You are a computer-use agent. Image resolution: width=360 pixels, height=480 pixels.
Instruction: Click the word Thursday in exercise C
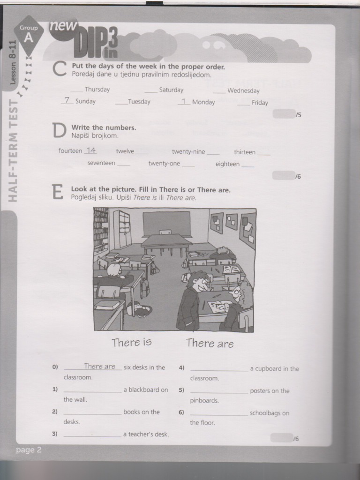pos(97,90)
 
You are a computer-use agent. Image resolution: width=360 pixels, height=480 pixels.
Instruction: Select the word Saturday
pos(171,90)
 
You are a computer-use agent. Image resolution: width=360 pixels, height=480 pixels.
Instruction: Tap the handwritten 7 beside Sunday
pos(67,100)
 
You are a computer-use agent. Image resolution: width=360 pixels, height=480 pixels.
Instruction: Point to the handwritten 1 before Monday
pos(184,101)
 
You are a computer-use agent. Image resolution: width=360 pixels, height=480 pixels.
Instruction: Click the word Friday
pos(260,103)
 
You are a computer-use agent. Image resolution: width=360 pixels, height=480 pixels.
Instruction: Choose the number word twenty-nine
pos(188,152)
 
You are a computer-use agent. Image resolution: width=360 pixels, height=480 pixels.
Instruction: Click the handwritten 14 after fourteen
pos(91,150)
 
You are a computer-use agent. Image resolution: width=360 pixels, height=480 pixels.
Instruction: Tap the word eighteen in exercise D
pos(227,164)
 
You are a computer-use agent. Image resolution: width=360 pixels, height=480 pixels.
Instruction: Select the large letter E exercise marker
pos(57,192)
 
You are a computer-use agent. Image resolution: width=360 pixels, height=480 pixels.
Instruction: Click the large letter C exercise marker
pos(59,69)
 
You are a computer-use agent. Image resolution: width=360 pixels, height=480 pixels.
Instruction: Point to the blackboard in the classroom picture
pos(166,223)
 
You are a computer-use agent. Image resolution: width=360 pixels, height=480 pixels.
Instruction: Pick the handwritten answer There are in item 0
pos(99,367)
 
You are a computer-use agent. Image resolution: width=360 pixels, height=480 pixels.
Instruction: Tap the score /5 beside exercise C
pos(298,115)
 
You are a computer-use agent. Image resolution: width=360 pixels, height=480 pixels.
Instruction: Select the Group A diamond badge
pos(29,33)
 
